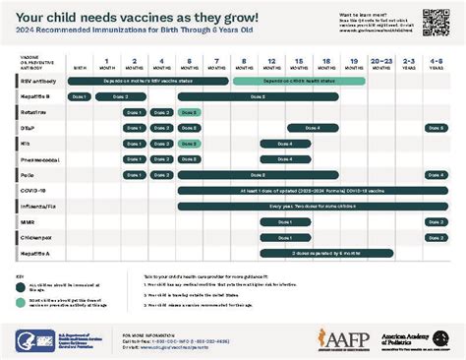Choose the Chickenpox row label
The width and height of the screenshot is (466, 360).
point(34,238)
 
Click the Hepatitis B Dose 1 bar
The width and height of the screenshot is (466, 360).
point(80,97)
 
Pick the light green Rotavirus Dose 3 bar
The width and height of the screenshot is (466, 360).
point(191,113)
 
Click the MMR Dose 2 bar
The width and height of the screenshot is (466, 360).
point(436,222)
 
